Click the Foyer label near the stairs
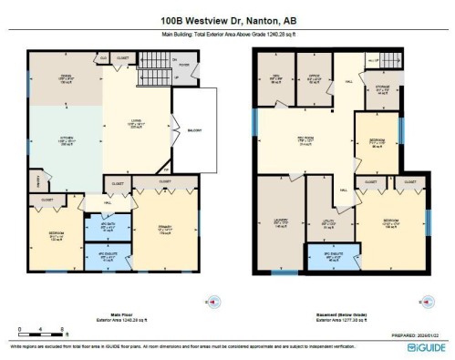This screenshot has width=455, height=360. [x=181, y=65]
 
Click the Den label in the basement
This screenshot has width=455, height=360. [x=274, y=78]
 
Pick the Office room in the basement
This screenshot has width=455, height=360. [x=314, y=78]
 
